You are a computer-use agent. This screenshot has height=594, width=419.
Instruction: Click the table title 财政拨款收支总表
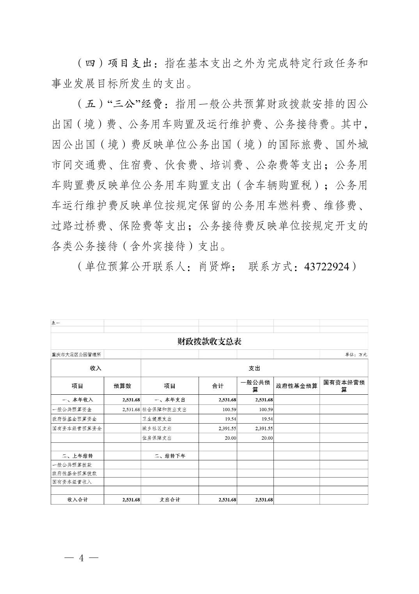coord(209,342)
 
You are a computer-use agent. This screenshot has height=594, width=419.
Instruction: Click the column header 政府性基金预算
coord(296,386)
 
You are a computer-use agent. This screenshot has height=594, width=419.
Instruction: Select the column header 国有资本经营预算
coord(344,386)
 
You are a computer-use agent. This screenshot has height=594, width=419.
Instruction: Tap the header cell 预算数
coord(122,386)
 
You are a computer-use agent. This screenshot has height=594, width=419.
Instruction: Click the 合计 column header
coord(218,386)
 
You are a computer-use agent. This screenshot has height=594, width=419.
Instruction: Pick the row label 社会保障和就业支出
coord(164,410)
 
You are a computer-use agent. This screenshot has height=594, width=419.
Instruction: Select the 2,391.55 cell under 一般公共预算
coord(264,428)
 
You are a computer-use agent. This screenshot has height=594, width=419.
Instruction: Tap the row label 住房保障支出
coord(157,438)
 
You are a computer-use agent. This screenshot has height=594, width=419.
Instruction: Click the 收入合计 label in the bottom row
coord(77,500)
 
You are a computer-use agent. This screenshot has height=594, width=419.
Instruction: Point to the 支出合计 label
coord(170,500)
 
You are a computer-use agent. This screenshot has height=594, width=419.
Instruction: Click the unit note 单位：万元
coord(356,354)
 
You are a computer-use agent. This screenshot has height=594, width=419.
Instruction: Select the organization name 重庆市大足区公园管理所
coord(76,354)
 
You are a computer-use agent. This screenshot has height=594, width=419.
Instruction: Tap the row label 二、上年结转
coord(77,456)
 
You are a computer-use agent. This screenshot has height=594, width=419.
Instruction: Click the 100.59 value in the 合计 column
coord(228,410)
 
